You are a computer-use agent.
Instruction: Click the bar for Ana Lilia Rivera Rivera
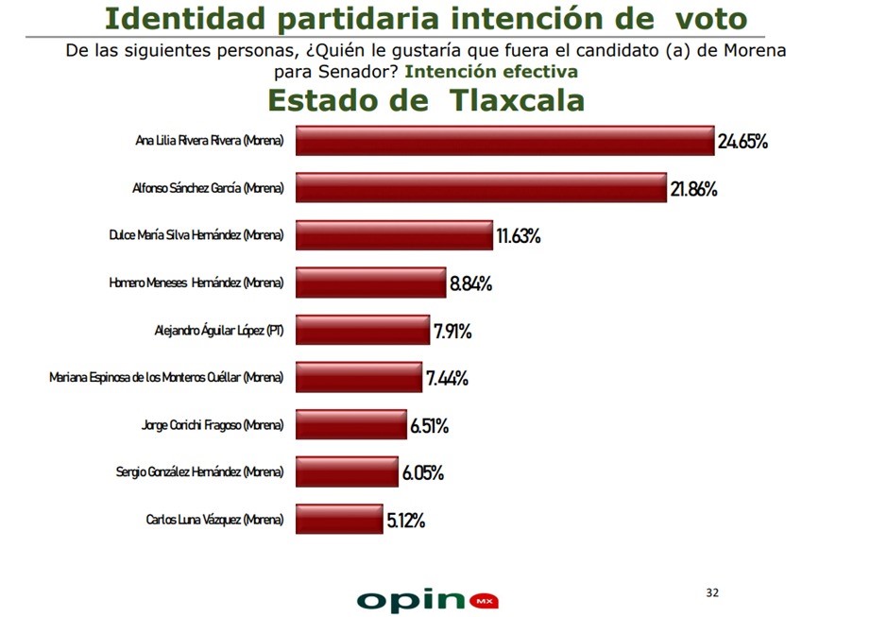click(505, 141)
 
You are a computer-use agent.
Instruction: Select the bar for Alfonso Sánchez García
click(481, 187)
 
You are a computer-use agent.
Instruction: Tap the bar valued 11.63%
click(394, 235)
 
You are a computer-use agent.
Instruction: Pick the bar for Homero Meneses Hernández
click(370, 283)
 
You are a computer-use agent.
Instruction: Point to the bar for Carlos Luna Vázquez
click(339, 520)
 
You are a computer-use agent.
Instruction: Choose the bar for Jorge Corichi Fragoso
click(351, 424)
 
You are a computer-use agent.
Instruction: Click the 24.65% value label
click(742, 142)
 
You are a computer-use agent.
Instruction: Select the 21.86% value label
click(693, 189)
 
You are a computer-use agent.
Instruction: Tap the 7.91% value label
click(452, 332)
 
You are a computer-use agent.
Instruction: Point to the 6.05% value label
click(423, 472)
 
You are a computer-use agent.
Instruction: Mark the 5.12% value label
click(405, 521)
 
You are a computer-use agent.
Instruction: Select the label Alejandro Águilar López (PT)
click(219, 331)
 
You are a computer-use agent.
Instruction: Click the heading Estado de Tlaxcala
click(426, 100)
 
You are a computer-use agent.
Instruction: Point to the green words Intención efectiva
click(491, 72)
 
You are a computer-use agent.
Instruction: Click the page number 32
click(712, 592)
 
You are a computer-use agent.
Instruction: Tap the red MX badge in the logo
click(484, 601)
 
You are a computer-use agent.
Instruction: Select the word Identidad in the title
click(185, 18)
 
